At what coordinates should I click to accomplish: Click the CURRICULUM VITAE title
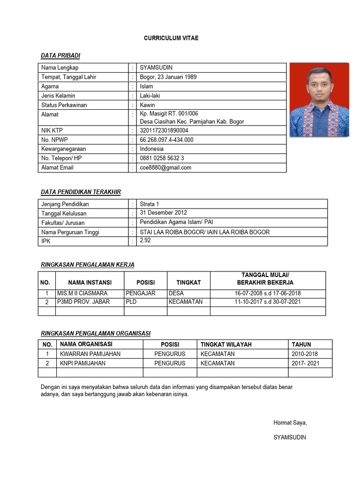171,38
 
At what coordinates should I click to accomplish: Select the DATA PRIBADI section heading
60,56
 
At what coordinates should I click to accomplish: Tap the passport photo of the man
319,100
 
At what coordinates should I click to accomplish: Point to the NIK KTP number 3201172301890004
164,130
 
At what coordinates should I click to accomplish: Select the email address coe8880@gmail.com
165,167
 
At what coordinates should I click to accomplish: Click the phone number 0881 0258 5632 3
162,158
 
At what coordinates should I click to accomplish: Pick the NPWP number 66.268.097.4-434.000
166,140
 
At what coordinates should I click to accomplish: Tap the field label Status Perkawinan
64,105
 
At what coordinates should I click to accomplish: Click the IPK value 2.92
145,240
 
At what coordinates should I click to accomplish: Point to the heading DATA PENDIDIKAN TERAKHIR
81,192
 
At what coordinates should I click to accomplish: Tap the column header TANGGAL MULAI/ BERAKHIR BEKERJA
268,279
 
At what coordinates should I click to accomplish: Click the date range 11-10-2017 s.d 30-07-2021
268,302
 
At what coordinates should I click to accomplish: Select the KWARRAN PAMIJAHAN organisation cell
90,354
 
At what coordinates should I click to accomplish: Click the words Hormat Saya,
290,423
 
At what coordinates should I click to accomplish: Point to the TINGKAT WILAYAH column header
226,345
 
